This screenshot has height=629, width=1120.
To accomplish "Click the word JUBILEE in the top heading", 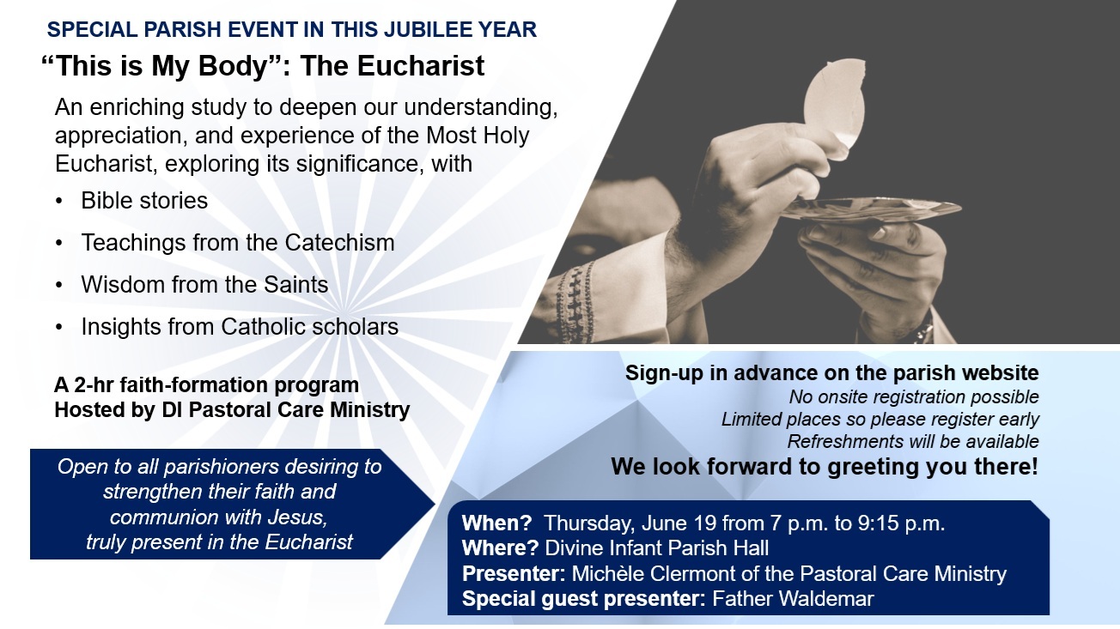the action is coord(424,29).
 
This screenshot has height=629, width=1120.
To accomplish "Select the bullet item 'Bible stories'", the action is coord(144,201).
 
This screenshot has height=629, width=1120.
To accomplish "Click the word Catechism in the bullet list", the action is coord(339,243).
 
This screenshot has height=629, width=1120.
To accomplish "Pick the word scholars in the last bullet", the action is coord(355,327).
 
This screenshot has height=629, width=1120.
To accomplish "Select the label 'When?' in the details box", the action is coord(496,523).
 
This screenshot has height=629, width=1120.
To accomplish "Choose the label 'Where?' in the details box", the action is coord(500,548).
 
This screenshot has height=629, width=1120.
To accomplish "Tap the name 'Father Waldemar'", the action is coord(793,598).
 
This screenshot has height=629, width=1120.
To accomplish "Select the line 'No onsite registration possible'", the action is coord(914,397).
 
